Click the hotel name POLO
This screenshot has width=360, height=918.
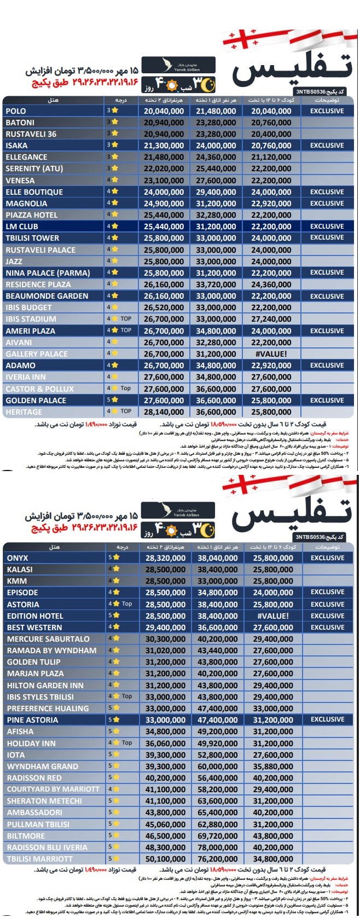point(16,111)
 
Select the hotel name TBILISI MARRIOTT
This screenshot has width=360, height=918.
point(39,859)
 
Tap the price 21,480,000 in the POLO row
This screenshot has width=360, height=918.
point(216,111)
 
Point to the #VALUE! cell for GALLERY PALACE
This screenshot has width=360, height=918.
point(271,354)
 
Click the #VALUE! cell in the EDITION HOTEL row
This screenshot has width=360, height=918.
point(272,616)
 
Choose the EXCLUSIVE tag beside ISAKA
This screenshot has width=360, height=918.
point(327,146)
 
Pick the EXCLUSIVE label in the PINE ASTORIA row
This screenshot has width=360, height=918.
point(328,720)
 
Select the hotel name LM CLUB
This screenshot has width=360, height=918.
point(22,226)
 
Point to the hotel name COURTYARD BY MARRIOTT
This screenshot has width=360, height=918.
point(53,789)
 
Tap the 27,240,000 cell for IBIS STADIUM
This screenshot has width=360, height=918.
point(271,319)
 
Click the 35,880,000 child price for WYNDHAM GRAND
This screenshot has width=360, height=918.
point(272,766)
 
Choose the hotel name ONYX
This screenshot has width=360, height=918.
point(18,558)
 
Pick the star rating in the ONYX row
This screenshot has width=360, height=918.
point(114,557)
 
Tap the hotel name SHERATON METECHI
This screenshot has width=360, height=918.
point(44,801)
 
